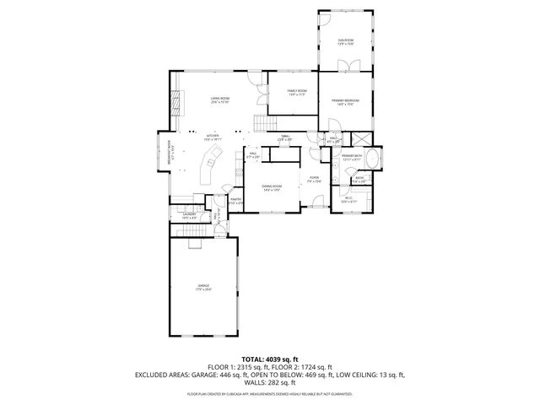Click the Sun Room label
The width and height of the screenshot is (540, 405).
tap(346, 41)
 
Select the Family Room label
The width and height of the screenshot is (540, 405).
tap(297, 92)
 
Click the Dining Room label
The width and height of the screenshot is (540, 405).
tap(271, 186)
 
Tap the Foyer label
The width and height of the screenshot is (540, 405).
tap(314, 179)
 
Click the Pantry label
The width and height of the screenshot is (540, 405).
tap(236, 201)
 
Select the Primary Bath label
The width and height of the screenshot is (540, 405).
tap(352, 158)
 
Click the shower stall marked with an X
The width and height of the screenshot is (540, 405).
tap(361, 140)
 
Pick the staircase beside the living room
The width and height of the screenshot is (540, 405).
tap(267, 123)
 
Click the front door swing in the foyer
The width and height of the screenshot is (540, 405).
tap(317, 202)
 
